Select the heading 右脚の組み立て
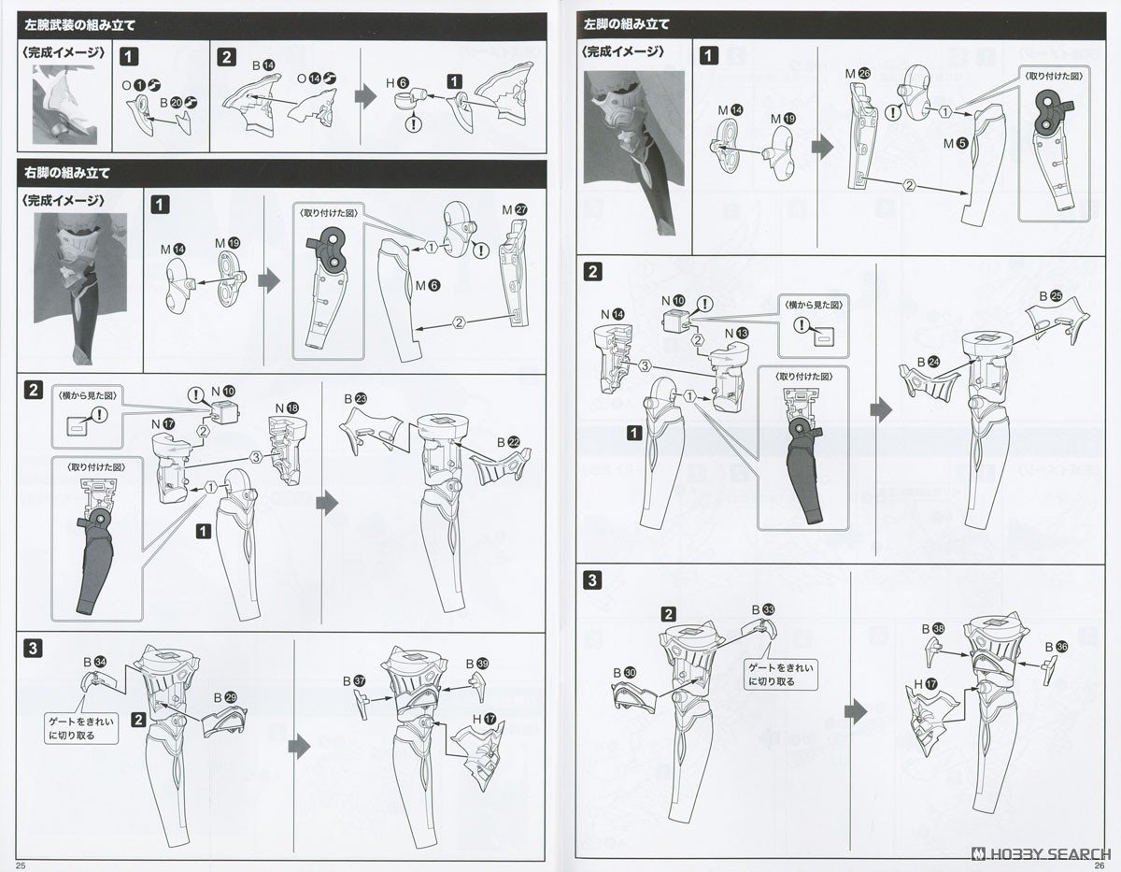[64, 172]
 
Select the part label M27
[513, 210]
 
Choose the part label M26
[858, 73]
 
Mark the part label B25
[1050, 296]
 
